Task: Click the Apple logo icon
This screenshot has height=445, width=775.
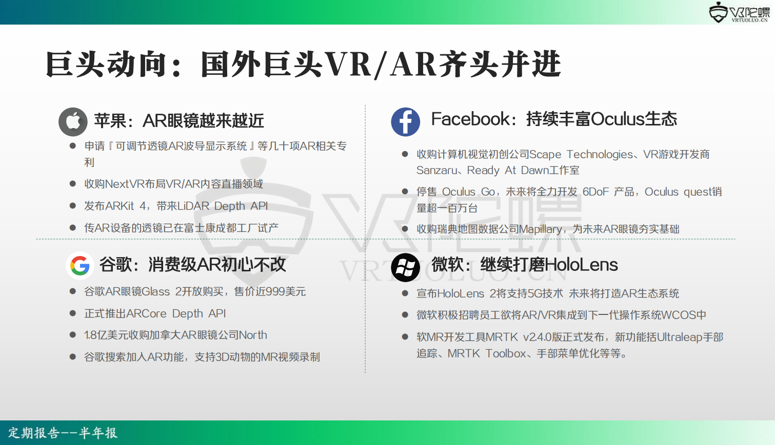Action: [x=73, y=121]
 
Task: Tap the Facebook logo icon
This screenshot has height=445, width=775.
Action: [x=406, y=121]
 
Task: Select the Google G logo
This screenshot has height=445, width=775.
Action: [x=80, y=266]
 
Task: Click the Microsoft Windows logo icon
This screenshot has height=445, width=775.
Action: [x=406, y=267]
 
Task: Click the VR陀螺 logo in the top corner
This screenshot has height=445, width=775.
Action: [x=739, y=12]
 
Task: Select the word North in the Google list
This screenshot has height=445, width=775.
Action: [x=253, y=335]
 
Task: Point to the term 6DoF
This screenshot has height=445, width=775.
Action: [x=595, y=192]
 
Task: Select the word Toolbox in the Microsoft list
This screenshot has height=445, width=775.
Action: [x=506, y=353]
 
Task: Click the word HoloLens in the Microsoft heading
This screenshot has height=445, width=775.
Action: [x=581, y=265]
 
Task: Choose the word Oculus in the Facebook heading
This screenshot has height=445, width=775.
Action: [x=617, y=119]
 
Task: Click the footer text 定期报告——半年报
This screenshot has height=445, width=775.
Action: [x=63, y=433]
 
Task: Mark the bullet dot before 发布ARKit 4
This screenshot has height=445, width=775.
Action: [x=73, y=206]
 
